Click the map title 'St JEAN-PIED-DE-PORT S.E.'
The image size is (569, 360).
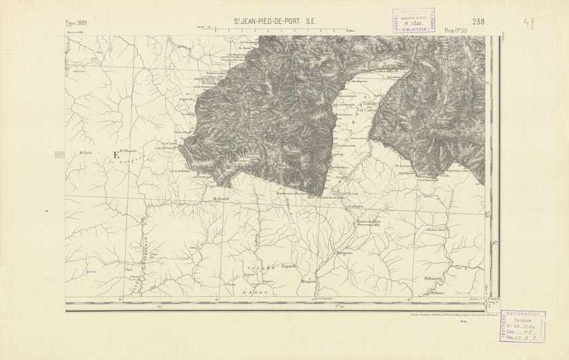click(274, 22)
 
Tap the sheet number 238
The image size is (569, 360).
click(478, 21)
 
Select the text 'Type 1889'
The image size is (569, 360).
click(77, 23)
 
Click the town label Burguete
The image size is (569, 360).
click(343, 254)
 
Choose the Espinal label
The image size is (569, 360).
click(287, 266)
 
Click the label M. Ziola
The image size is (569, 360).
click(87, 152)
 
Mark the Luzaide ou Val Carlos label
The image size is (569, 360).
click(370, 108)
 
